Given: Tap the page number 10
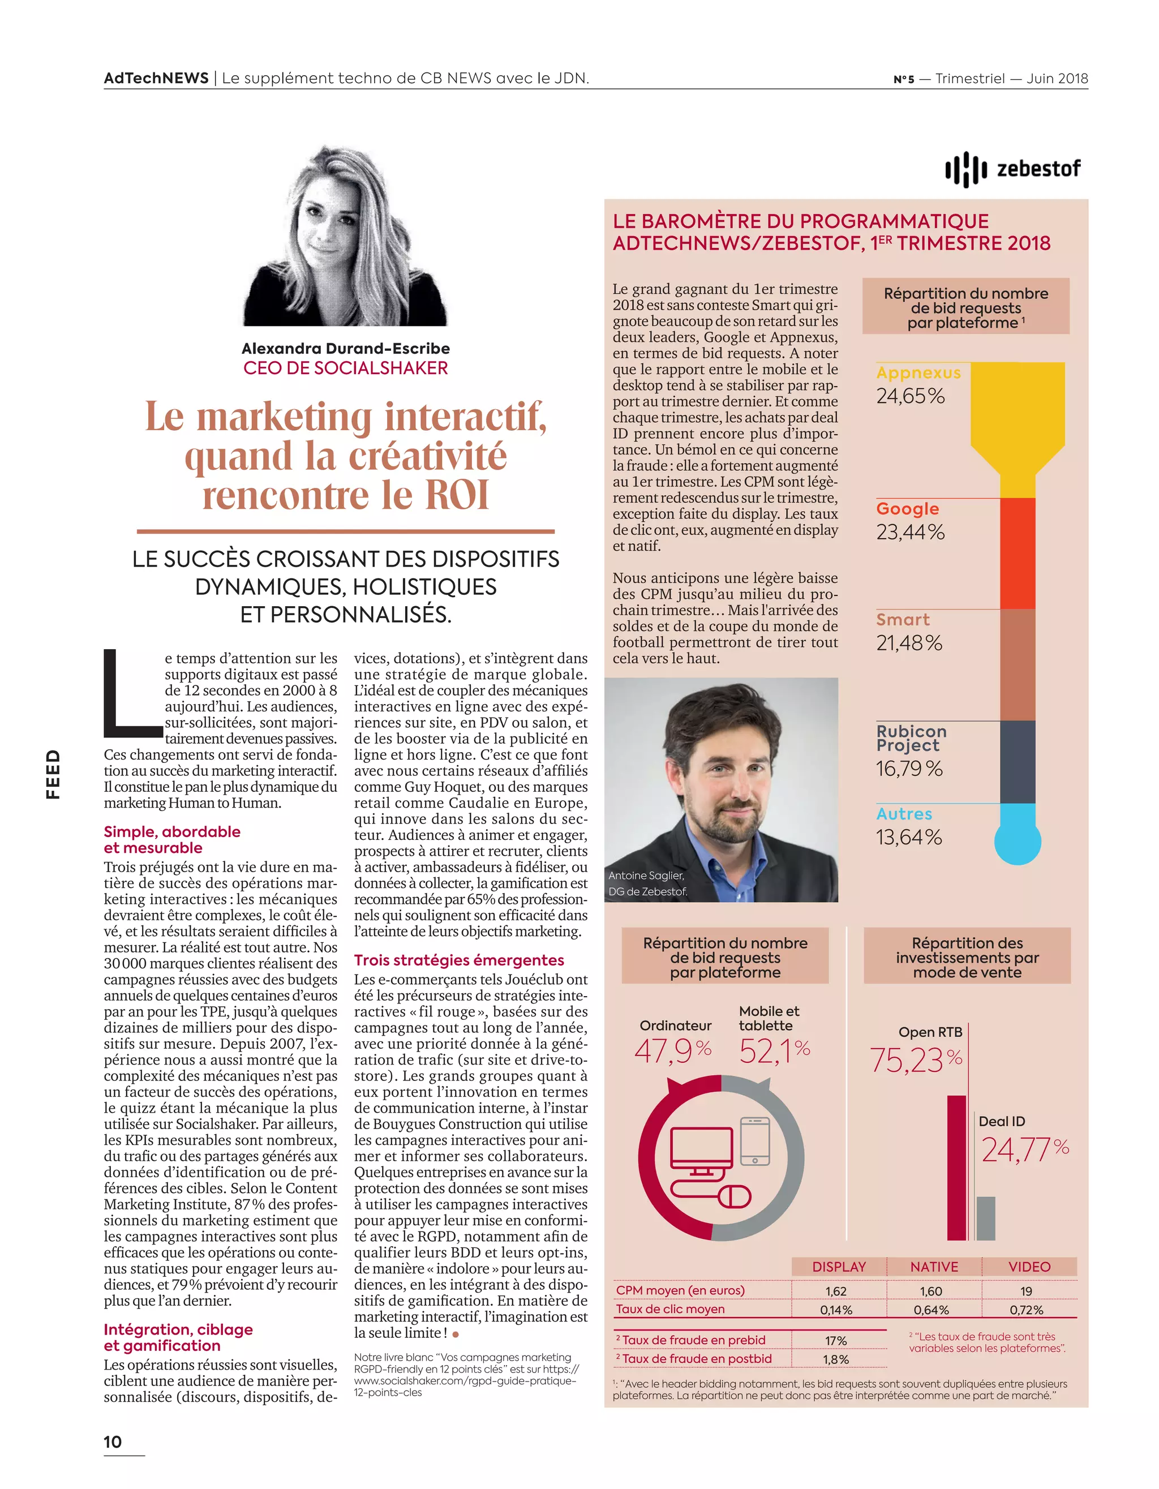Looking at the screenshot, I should [113, 1441].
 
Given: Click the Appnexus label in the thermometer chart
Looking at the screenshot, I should [918, 373].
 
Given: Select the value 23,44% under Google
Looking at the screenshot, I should [910, 532].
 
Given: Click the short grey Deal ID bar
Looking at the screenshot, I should [986, 1218].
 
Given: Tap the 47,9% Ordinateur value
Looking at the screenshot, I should [672, 1050].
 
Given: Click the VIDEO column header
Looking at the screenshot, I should [1029, 1267].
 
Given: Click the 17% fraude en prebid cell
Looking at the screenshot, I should [836, 1340].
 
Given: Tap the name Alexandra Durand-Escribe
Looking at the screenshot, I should [346, 349].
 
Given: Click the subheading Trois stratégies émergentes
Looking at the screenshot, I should [459, 960].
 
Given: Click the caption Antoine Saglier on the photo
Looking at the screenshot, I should [646, 876].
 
